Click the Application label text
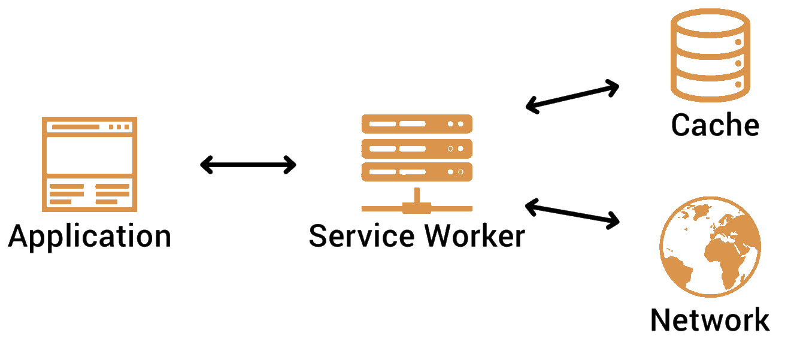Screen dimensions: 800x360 pos(90,236)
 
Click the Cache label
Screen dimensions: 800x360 pos(715,125)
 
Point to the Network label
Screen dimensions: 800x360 pos(710,320)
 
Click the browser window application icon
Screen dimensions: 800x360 pos(89,164)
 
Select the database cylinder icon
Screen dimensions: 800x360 pos(710,56)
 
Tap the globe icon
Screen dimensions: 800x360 pos(710,247)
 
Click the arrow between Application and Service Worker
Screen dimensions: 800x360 pos(248,165)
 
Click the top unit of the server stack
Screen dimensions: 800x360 pos(417,124)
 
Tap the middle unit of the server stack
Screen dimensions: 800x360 pos(417,148)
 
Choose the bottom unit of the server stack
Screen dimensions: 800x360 pos(417,171)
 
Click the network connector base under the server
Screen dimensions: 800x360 pos(417,207)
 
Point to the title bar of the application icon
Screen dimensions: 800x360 pos(89,127)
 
